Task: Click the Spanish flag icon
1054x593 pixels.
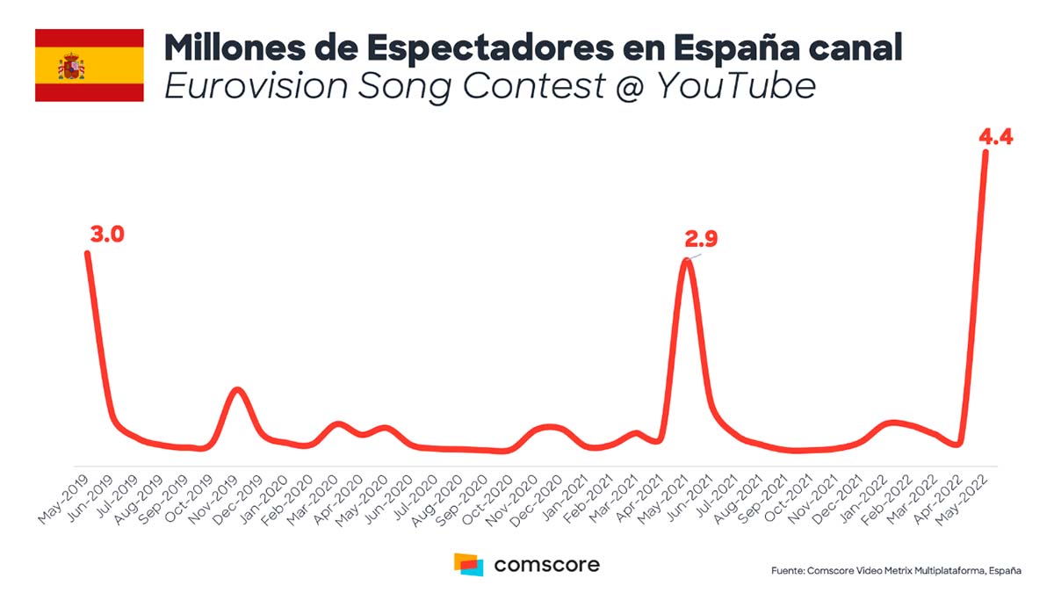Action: click(x=89, y=65)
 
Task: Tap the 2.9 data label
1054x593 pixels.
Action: click(x=702, y=240)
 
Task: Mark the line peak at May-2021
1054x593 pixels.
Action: click(x=688, y=261)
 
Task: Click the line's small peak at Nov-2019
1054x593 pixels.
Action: click(x=236, y=389)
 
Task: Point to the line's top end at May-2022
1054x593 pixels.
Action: click(x=985, y=153)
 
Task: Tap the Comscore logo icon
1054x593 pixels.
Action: click(x=468, y=564)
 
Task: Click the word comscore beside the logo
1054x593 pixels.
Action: click(x=547, y=564)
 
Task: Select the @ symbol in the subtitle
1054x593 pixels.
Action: click(x=624, y=86)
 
